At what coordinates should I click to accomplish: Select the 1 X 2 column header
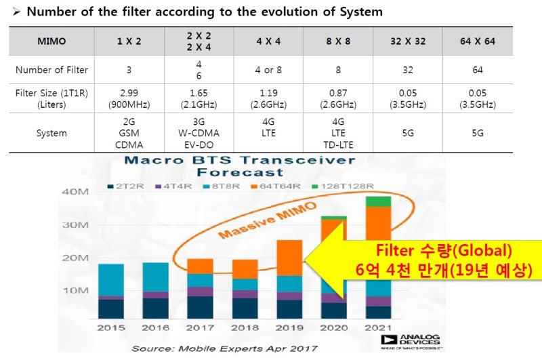tap(129, 41)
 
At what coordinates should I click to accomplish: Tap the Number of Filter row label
tap(51, 70)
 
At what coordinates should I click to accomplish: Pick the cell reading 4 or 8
tap(268, 70)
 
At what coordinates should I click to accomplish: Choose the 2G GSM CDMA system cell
tap(129, 134)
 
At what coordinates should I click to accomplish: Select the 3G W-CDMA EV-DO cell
tap(199, 134)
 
